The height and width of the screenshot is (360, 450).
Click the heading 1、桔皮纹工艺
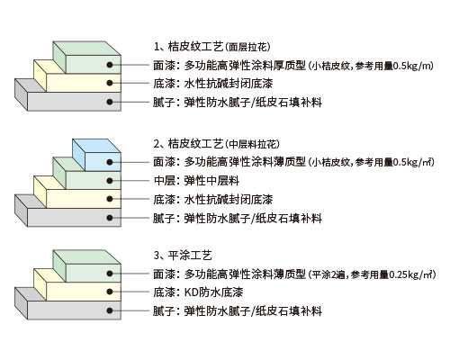[x=188, y=47]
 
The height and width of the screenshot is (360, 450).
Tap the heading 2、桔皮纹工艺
[x=188, y=144]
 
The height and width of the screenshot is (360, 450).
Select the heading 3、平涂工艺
[x=183, y=256]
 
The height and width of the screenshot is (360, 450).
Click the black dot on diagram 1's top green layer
[x=110, y=65]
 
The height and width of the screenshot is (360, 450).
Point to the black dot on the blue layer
[x=110, y=162]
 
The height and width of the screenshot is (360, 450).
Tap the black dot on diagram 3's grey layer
[x=110, y=310]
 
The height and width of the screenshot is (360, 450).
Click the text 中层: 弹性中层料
[x=196, y=181]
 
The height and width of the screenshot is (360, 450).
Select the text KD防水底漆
[x=213, y=292]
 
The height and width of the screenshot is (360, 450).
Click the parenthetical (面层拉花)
[x=247, y=47]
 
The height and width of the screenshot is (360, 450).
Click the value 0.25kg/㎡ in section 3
[x=411, y=274]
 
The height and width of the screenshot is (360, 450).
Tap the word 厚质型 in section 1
[x=290, y=65]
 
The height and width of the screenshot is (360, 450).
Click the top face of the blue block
[x=96, y=146]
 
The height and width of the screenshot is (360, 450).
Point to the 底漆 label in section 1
[x=164, y=84]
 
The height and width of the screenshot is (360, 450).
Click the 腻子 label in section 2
[x=164, y=218]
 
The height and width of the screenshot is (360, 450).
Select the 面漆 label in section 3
[x=164, y=274]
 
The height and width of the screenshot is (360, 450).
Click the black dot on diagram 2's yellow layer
[x=110, y=199]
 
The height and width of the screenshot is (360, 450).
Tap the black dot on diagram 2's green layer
[x=110, y=181]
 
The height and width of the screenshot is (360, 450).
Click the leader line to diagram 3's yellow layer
[x=130, y=292]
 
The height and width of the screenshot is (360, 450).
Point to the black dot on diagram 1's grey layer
[x=110, y=102]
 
